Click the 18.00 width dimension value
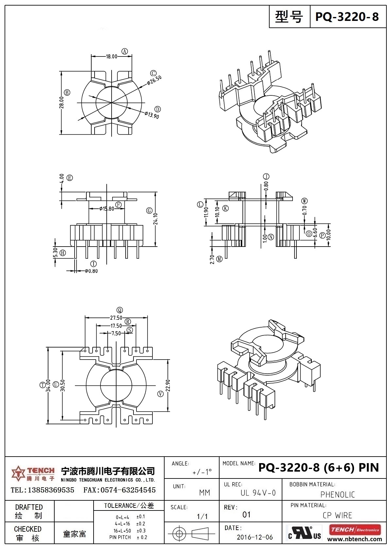(111, 57)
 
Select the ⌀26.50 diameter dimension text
(154, 80)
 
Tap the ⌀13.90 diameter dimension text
(151, 115)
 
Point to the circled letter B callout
(67, 92)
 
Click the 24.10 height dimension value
(156, 219)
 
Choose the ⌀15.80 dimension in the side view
(107, 209)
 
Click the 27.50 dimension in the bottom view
(116, 318)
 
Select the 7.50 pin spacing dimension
(116, 333)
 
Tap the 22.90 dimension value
(168, 385)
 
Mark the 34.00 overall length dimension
(48, 385)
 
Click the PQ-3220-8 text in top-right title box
(347, 16)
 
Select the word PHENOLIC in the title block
(337, 494)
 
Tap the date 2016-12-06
(255, 537)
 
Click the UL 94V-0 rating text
(258, 493)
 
